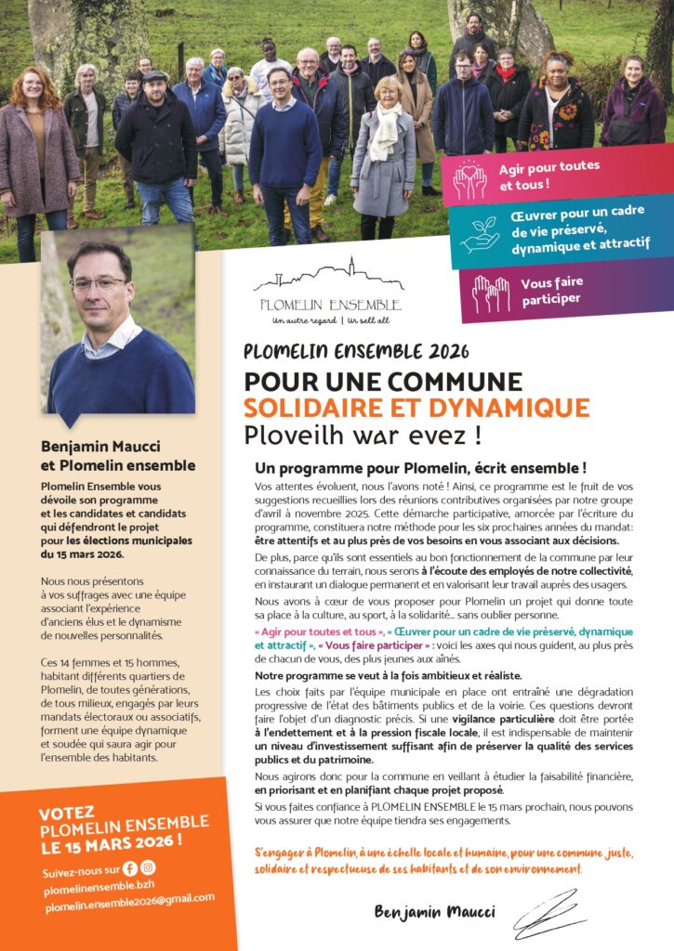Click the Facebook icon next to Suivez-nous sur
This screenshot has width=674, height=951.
(129, 868)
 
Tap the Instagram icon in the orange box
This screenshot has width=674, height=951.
(148, 867)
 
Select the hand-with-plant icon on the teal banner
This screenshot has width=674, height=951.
(481, 235)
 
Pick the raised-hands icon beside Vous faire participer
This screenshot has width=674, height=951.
(490, 293)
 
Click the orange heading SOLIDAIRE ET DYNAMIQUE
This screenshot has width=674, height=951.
(416, 408)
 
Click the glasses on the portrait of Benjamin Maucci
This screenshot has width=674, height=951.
(99, 282)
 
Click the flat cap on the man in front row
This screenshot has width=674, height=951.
(154, 76)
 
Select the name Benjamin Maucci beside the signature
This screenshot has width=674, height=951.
(434, 912)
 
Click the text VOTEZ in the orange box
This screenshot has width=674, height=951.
(67, 813)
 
